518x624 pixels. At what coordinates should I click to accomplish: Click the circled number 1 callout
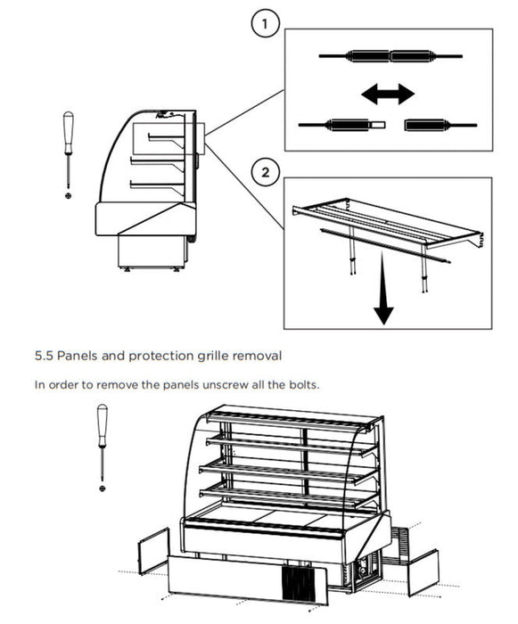265,24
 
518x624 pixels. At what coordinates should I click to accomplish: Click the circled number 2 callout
265,172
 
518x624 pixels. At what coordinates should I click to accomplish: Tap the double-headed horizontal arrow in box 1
388,94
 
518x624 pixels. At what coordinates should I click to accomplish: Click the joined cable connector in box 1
391,56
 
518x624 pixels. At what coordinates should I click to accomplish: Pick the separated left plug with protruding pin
342,125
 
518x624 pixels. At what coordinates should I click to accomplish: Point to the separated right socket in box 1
440,125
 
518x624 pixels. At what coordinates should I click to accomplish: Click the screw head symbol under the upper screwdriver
69,195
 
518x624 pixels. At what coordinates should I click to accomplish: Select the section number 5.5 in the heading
44,356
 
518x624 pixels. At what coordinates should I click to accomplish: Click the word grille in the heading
213,356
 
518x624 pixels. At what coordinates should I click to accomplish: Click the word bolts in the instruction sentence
305,385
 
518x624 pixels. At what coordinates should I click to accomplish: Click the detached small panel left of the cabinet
153,552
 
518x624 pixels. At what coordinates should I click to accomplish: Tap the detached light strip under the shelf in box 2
385,245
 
